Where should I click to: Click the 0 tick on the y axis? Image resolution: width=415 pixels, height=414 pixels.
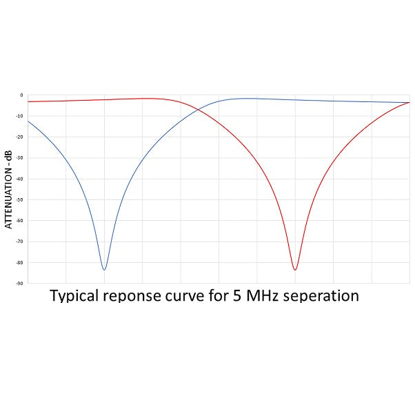(21, 95)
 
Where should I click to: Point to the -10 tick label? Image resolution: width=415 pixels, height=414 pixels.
(20, 116)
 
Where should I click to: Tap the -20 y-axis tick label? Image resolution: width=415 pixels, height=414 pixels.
(20, 137)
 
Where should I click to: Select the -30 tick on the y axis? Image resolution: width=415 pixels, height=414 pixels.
(20, 158)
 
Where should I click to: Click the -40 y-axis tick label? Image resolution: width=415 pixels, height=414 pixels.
(20, 179)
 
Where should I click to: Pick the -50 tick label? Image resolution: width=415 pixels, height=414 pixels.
(20, 200)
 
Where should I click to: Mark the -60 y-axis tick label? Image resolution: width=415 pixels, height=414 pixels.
(20, 221)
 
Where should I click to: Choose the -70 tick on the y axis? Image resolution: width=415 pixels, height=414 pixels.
(20, 241)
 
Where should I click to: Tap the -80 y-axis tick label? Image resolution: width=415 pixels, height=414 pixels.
(20, 263)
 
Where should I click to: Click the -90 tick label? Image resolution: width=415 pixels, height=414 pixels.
(20, 284)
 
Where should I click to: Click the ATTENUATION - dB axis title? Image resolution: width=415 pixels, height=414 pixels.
(9, 189)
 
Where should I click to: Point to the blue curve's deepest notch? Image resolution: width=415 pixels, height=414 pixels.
(104, 269)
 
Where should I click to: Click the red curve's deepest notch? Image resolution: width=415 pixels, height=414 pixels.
(295, 269)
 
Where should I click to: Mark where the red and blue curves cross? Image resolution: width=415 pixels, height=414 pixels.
(199, 109)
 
